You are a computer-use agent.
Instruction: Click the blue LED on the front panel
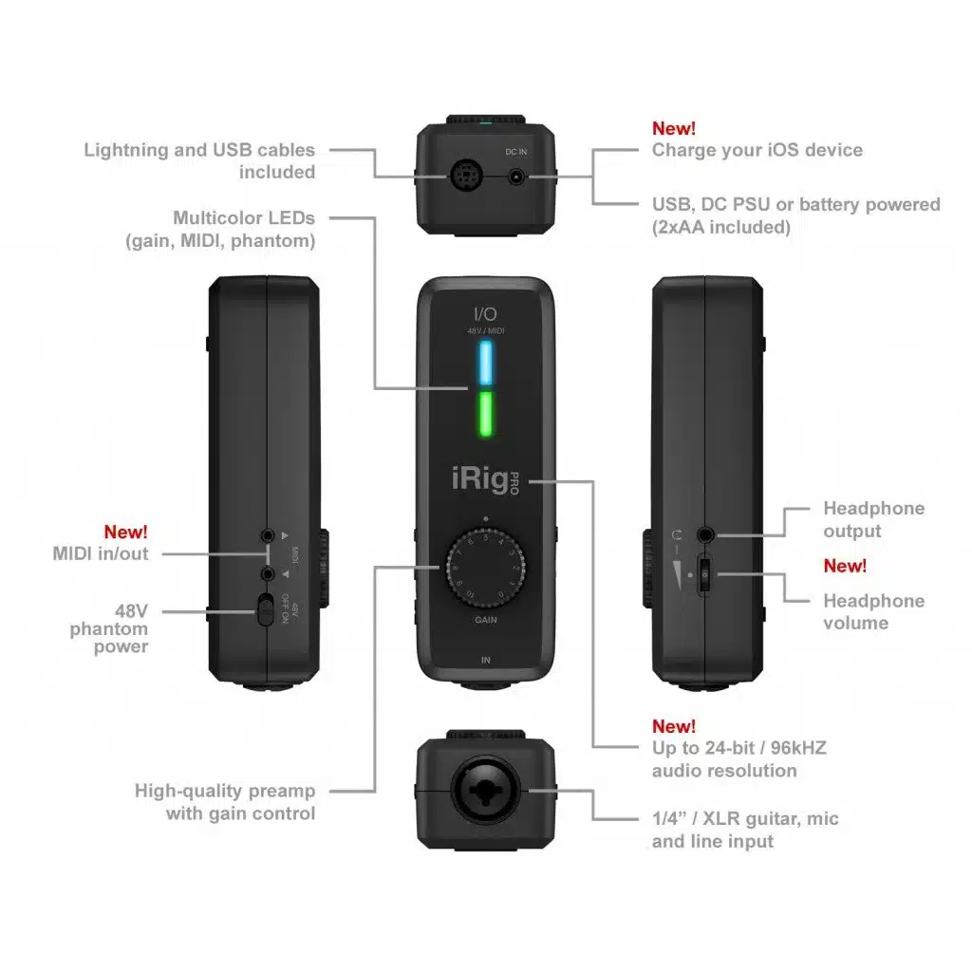(485, 362)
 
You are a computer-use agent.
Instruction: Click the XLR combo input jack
(485, 791)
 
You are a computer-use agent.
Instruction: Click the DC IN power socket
(516, 177)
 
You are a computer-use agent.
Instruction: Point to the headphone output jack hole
(706, 534)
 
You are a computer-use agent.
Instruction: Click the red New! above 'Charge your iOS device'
(673, 128)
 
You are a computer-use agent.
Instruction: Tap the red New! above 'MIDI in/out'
(125, 533)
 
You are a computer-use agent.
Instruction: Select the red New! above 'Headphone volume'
(845, 566)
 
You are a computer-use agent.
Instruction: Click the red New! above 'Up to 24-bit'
(673, 726)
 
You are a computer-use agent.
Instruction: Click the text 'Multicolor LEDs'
(244, 218)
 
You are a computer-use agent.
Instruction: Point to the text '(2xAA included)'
(720, 227)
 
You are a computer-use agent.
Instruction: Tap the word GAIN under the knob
(485, 619)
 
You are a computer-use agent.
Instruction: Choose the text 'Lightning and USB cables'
(199, 149)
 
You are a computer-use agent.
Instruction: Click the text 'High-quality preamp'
(225, 791)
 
